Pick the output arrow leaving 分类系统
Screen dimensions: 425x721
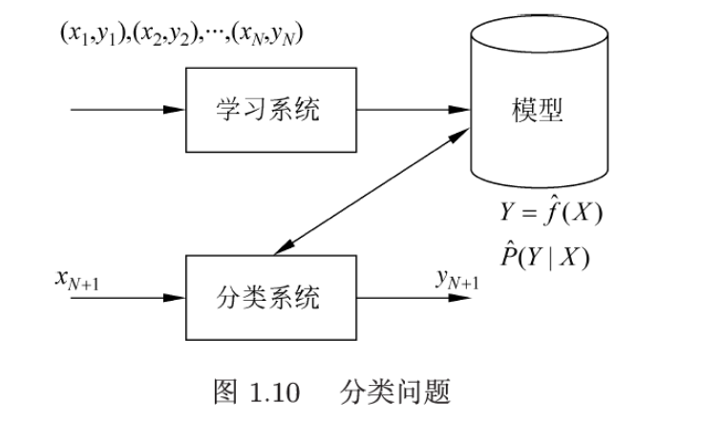tap(415, 297)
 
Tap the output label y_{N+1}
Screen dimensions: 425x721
tap(457, 278)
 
